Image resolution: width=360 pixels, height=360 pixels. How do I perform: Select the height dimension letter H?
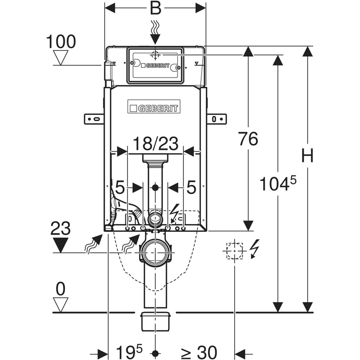(x=307, y=156)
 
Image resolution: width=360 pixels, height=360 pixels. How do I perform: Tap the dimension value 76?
(x=248, y=139)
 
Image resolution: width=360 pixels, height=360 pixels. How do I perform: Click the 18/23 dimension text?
(x=156, y=144)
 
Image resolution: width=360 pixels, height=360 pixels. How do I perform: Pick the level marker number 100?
(x=61, y=42)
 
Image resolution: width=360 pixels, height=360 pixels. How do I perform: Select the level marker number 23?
(x=60, y=229)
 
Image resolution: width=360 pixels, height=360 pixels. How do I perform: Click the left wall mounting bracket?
(x=94, y=119)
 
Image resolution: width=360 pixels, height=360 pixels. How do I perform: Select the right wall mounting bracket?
(x=217, y=119)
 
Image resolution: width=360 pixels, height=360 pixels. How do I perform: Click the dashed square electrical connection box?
(x=234, y=251)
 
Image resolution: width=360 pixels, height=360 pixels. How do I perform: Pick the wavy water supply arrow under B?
(x=155, y=28)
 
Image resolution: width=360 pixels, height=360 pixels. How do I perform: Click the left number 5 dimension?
(x=120, y=188)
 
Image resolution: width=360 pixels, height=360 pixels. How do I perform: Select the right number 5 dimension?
(x=191, y=188)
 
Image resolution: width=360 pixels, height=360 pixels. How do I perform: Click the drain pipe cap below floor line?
(x=155, y=321)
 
